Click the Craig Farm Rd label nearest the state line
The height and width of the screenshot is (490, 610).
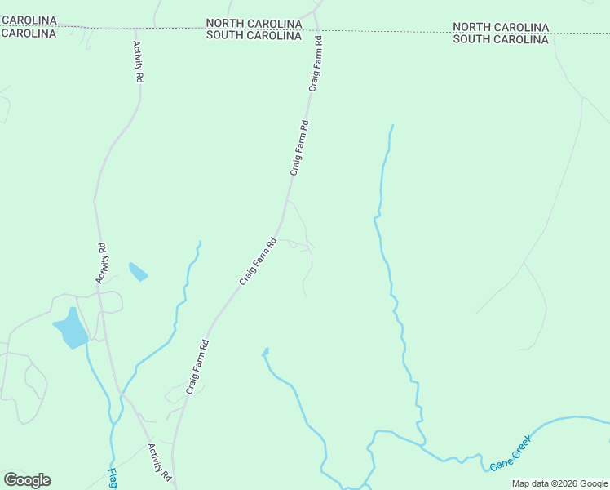[x=316, y=63]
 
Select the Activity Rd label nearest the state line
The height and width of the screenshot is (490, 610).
[x=139, y=62]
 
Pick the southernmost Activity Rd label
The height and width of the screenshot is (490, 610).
[x=159, y=461]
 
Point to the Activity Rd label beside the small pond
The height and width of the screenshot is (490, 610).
[x=102, y=264]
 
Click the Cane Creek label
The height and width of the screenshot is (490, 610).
[x=511, y=453]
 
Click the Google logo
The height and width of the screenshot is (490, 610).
[x=27, y=480]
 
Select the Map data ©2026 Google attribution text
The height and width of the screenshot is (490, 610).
[x=560, y=483]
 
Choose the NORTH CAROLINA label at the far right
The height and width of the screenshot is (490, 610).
[x=501, y=27]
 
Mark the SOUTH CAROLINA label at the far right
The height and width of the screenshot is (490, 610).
[x=501, y=39]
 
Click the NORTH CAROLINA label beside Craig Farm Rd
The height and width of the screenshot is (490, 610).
[x=254, y=24]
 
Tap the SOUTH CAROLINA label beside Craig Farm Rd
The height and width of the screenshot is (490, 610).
[x=254, y=36]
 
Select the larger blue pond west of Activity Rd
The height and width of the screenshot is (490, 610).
[x=71, y=329]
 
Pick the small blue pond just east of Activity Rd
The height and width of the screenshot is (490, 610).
[x=138, y=271]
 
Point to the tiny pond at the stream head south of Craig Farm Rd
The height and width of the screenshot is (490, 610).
[x=265, y=352]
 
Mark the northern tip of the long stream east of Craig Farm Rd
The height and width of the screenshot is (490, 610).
[x=392, y=126]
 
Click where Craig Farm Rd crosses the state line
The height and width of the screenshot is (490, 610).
[x=316, y=30]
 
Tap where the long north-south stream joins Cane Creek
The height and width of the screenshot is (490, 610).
[x=424, y=446]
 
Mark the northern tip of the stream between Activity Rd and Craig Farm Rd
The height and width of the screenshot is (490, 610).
[x=199, y=243]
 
